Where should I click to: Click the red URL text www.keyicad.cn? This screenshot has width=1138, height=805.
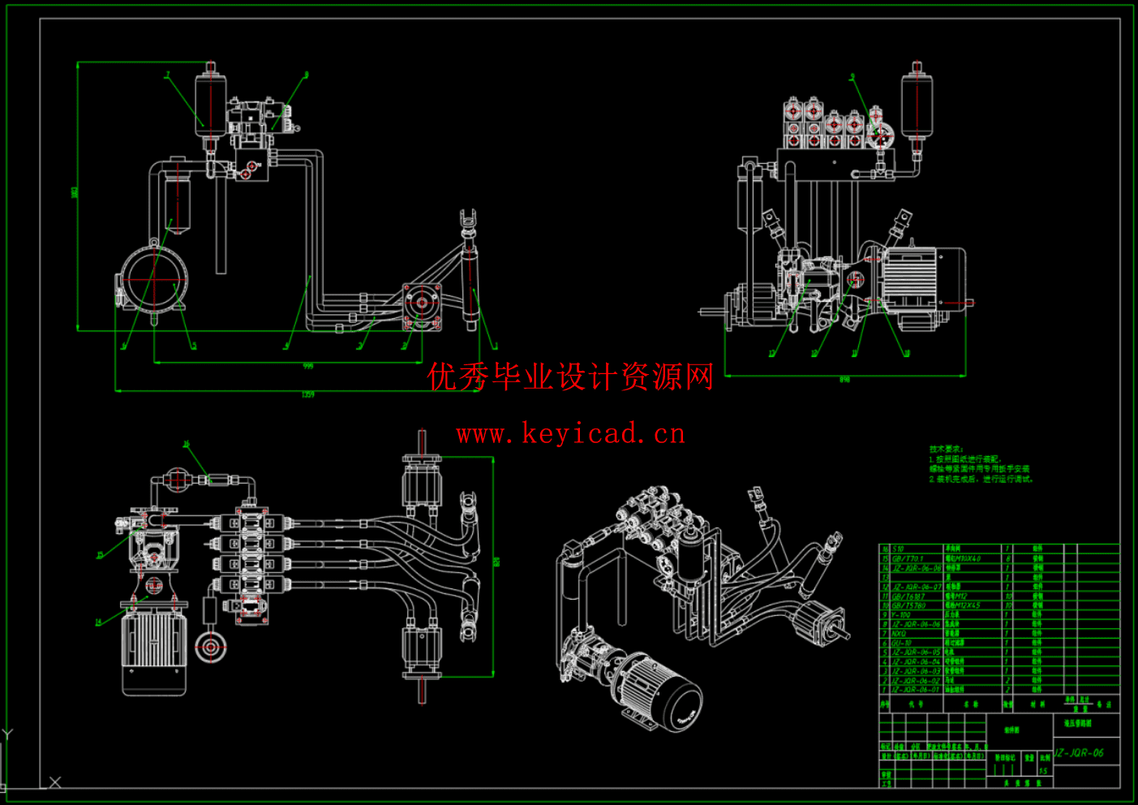pyautogui.click(x=570, y=434)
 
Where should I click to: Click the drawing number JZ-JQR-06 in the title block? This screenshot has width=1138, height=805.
pyautogui.click(x=1079, y=752)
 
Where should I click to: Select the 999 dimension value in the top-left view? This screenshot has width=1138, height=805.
pyautogui.click(x=307, y=366)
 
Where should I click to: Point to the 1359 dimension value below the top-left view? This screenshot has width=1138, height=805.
pyautogui.click(x=307, y=394)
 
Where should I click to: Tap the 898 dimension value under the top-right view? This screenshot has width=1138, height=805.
pyautogui.click(x=844, y=379)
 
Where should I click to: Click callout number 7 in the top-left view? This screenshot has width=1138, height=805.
pyautogui.click(x=168, y=75)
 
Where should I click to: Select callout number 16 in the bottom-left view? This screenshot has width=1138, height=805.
pyautogui.click(x=186, y=444)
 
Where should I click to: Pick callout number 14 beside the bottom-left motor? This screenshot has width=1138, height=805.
pyautogui.click(x=98, y=622)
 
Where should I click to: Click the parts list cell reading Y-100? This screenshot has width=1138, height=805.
pyautogui.click(x=901, y=615)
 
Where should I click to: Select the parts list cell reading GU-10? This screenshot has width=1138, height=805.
pyautogui.click(x=900, y=643)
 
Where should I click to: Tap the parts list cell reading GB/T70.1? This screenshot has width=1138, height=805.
pyautogui.click(x=908, y=558)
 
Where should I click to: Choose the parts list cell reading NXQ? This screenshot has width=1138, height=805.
pyautogui.click(x=899, y=634)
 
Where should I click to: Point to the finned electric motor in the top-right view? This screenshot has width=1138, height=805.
pyautogui.click(x=917, y=278)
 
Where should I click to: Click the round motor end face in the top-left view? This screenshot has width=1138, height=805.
pyautogui.click(x=153, y=278)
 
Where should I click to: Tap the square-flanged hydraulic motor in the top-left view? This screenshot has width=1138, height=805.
pyautogui.click(x=422, y=305)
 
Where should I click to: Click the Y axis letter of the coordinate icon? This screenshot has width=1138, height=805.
pyautogui.click(x=7, y=734)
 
